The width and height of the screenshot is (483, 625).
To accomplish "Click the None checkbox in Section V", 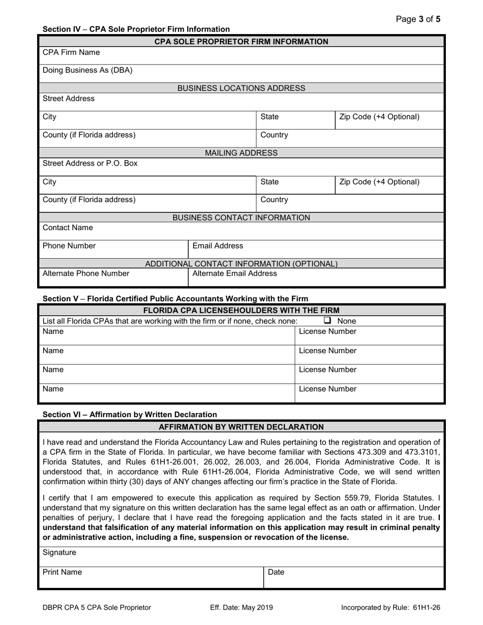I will coord(328,321).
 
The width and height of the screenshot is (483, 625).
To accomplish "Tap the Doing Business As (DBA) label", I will coord(87,71).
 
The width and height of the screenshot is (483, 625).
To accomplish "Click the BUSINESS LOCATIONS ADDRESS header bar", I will coord(241,88).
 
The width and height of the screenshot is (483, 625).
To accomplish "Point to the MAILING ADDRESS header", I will coord(241,153).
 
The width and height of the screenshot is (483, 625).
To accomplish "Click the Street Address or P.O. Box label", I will coord(90,164).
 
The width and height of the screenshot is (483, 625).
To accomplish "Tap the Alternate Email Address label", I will coord(235,273).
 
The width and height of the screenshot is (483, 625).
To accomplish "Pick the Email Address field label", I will coord(218,246).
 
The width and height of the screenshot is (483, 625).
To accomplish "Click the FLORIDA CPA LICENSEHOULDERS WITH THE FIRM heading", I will coord(241,310).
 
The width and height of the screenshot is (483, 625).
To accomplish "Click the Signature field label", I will coord(59,552).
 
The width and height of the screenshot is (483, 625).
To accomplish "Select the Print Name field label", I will coord(62,572).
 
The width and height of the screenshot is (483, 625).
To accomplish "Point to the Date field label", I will coord(276,572).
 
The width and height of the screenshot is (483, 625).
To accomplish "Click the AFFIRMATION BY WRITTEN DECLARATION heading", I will coord(241,427).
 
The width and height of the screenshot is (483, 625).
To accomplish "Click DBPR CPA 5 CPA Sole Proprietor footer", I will coord(97,607).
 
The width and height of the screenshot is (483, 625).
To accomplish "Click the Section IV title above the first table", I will coord(136,29).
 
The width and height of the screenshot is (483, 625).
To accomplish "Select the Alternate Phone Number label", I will coord(86,273).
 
